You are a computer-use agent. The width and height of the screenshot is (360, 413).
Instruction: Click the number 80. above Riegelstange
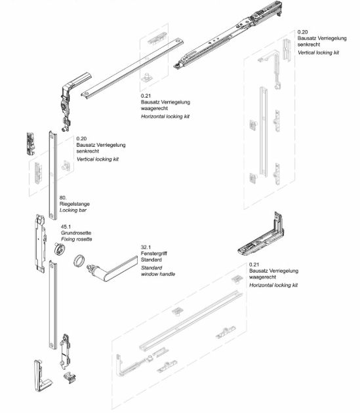pos(62,196)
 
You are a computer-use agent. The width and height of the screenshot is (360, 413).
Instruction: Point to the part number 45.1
pos(66,226)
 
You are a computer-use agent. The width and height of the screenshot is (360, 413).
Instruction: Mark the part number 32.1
pos(146,248)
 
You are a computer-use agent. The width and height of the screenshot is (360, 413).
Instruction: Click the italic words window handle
pos(158,275)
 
